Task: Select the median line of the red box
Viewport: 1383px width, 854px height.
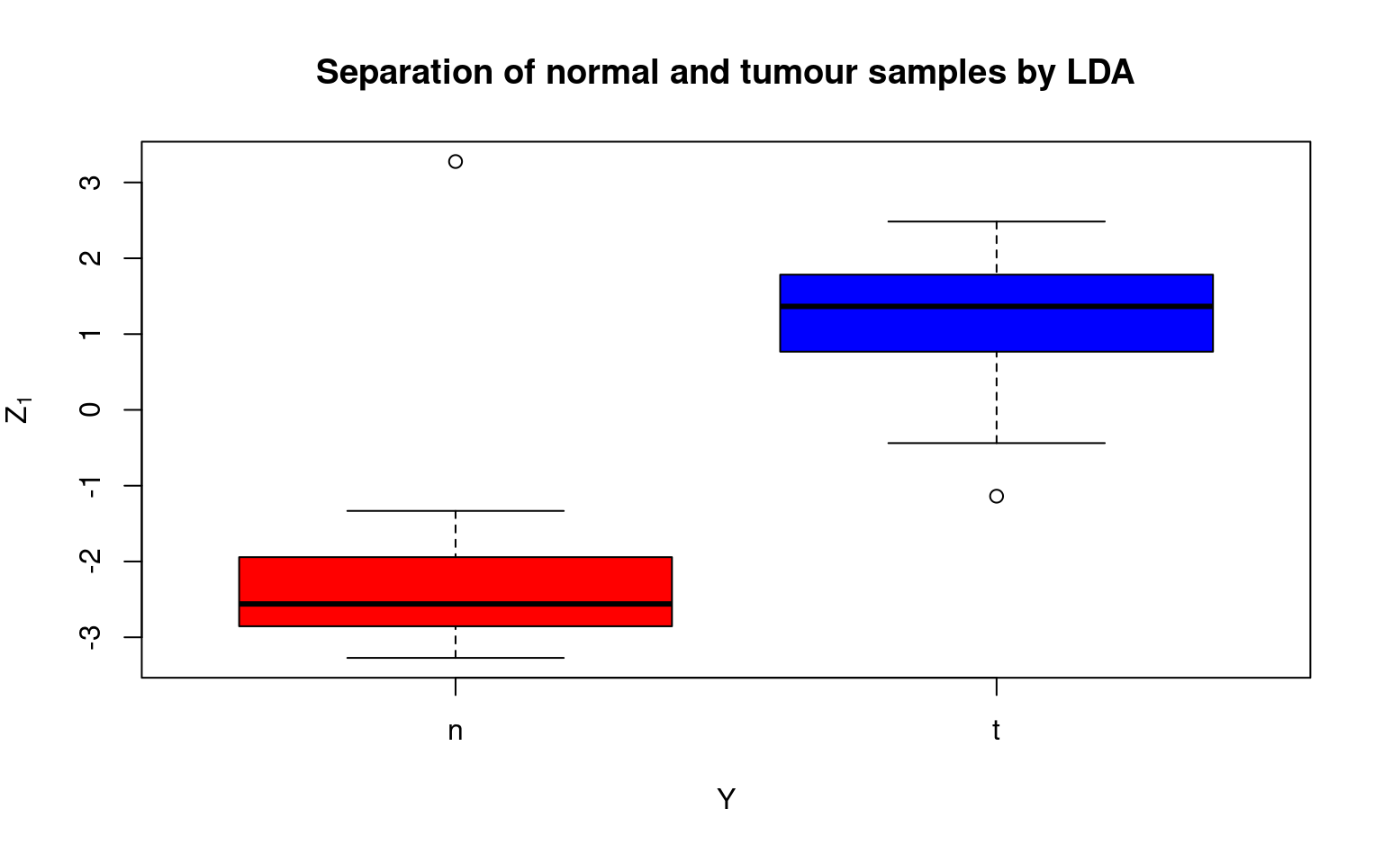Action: [x=456, y=604]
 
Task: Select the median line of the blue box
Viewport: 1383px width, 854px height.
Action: [x=997, y=307]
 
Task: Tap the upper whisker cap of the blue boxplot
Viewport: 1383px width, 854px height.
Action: [x=997, y=221]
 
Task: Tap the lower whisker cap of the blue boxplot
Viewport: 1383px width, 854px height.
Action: [x=997, y=443]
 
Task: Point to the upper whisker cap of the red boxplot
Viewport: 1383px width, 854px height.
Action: [x=456, y=511]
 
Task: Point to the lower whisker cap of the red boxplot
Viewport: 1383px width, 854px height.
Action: [x=456, y=658]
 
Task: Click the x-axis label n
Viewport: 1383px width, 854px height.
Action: [x=455, y=732]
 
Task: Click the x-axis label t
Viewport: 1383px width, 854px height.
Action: [x=996, y=730]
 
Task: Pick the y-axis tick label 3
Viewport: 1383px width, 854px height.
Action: [x=91, y=183]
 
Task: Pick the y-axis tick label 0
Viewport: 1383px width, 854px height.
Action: [x=91, y=409]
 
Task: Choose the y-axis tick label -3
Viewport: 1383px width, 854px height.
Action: [x=91, y=637]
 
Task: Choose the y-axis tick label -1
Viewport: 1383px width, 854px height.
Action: [x=91, y=486]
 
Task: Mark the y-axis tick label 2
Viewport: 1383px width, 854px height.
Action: [x=91, y=258]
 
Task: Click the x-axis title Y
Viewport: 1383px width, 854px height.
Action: [x=727, y=799]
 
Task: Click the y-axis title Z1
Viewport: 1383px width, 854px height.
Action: [x=17, y=410]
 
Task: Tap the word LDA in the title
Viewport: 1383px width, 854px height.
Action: [x=1100, y=72]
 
